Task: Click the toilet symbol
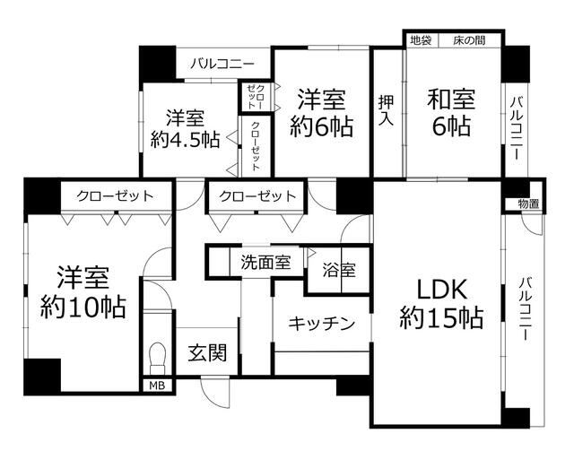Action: tap(158, 358)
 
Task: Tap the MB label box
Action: tap(158, 386)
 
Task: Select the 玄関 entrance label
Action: tap(207, 352)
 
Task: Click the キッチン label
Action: tap(322, 324)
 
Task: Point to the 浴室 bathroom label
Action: tap(339, 271)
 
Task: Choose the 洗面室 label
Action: tap(265, 263)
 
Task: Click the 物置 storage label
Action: tap(528, 204)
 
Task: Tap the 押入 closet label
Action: tap(387, 110)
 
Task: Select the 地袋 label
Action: tap(421, 40)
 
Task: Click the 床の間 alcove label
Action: tap(469, 40)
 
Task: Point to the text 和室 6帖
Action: tap(451, 113)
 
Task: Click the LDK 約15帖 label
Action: tap(442, 304)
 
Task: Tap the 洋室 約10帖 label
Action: tap(83, 293)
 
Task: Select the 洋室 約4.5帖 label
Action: tap(186, 128)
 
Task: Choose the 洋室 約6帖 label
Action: tap(322, 113)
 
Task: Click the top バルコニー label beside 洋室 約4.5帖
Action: tap(222, 65)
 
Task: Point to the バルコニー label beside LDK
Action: tap(526, 309)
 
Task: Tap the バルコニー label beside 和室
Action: tap(517, 128)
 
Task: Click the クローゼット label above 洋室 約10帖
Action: tap(116, 196)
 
